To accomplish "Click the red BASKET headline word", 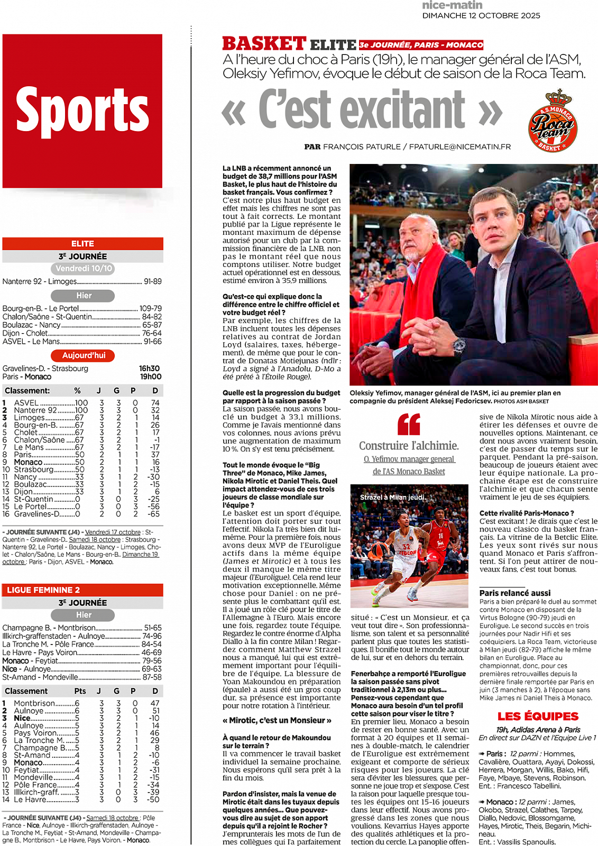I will click(264, 43).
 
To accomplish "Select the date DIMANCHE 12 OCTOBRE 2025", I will click(481, 16).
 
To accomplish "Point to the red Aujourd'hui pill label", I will click(84, 355).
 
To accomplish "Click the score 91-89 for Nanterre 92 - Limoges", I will click(152, 281).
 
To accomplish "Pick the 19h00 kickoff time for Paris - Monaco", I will click(150, 377).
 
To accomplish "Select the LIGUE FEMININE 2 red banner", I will click(82, 590).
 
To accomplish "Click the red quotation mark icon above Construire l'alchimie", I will click(409, 424).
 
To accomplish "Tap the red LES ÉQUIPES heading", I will click(538, 716).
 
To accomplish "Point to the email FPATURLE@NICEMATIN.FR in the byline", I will click(460, 146).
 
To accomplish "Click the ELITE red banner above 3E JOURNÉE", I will click(82, 244).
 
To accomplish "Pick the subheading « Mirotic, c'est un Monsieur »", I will click(277, 720).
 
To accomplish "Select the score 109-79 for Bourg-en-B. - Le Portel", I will click(151, 308).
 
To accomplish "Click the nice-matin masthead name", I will click(452, 5).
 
